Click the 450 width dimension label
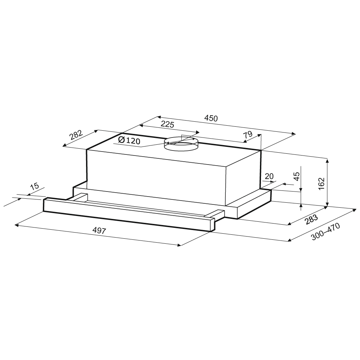[x=211, y=118]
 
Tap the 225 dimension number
[x=167, y=125]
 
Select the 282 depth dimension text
[x=76, y=135]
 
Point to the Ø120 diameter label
[x=129, y=140]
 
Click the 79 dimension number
[x=248, y=135]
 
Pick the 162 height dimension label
[x=321, y=184]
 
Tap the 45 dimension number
[x=297, y=176]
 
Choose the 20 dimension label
[x=269, y=176]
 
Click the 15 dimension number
[x=35, y=186]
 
